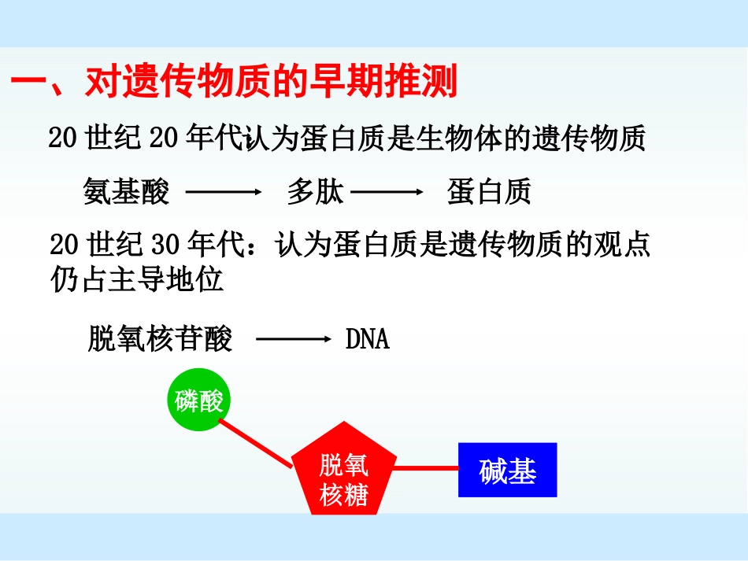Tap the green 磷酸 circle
coord(199,402)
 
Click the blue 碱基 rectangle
coord(507,471)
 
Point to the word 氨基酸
coord(126,192)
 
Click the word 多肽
coord(315,192)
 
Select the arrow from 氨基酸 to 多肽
coord(222,192)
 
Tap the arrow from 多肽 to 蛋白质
coord(387,192)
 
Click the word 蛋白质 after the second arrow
coord(489,192)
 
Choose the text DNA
coord(368,339)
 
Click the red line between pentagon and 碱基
coord(425,468)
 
